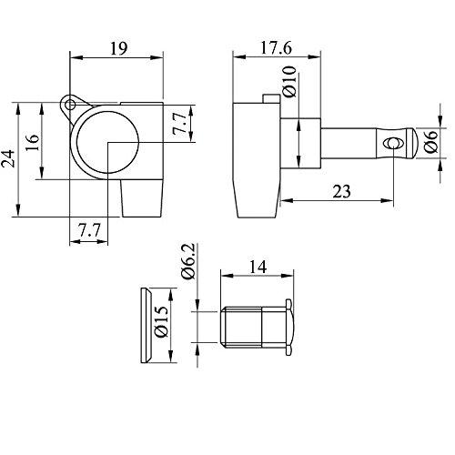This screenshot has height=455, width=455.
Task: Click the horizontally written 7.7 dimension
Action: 88,232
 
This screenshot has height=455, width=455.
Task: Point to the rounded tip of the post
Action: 410,144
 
